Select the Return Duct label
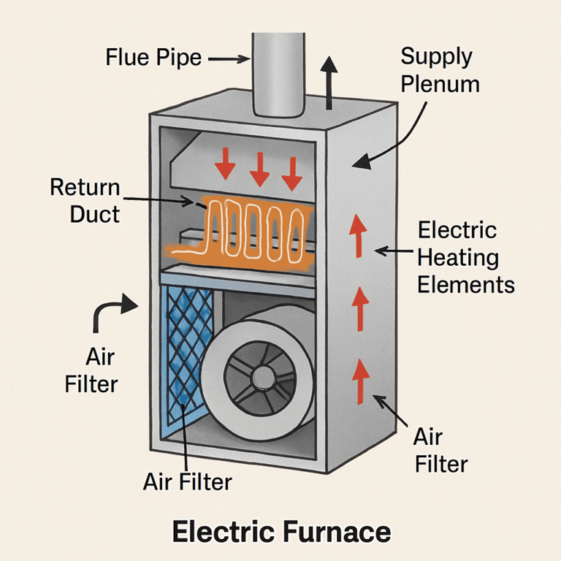[x=85, y=200]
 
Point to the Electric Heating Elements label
[x=465, y=257]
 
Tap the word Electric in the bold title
[x=222, y=532]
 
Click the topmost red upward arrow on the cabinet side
[x=357, y=234]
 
